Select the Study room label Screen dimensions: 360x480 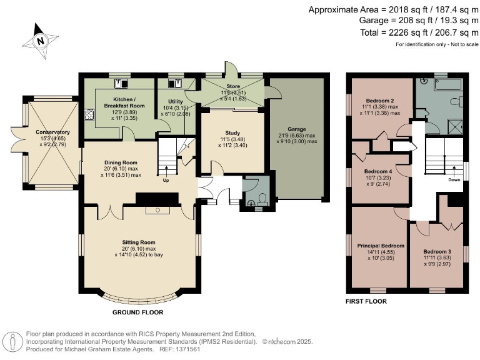point(232,132)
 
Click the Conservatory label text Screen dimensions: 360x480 point(52,132)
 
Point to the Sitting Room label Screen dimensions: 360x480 point(139,241)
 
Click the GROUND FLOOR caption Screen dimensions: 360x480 point(138,310)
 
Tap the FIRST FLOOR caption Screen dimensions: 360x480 point(366,301)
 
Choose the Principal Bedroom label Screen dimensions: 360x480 point(381,246)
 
